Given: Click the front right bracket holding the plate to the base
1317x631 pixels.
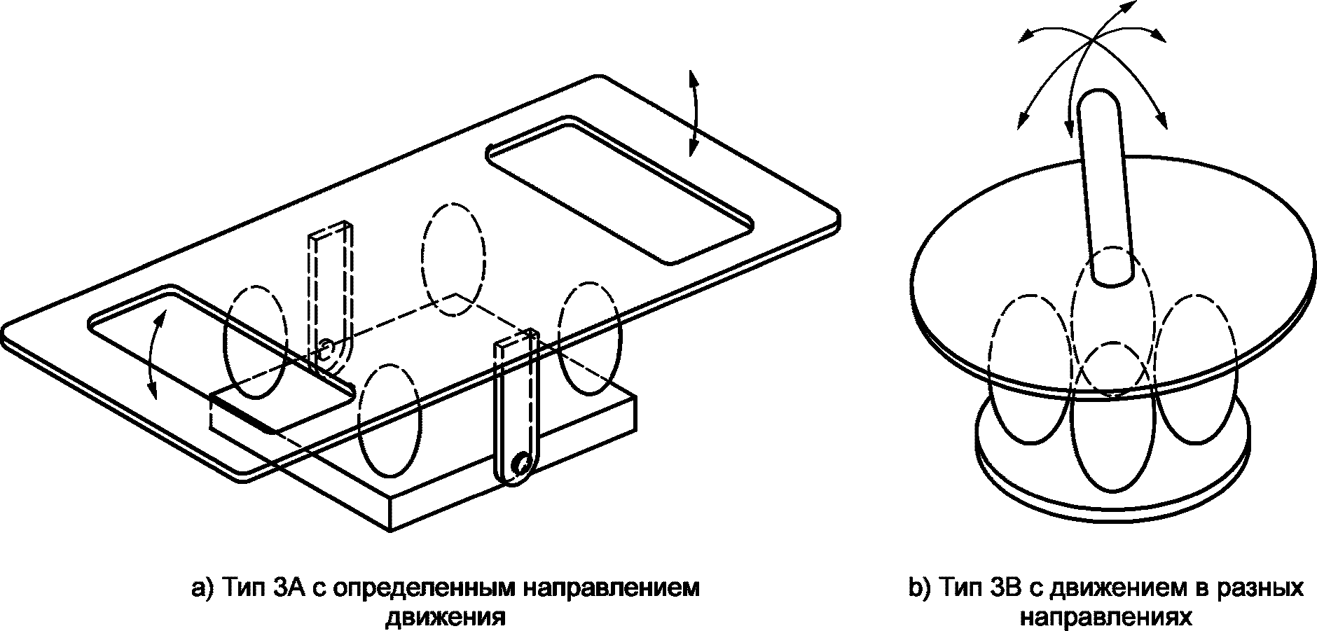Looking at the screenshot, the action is [x=518, y=409].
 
